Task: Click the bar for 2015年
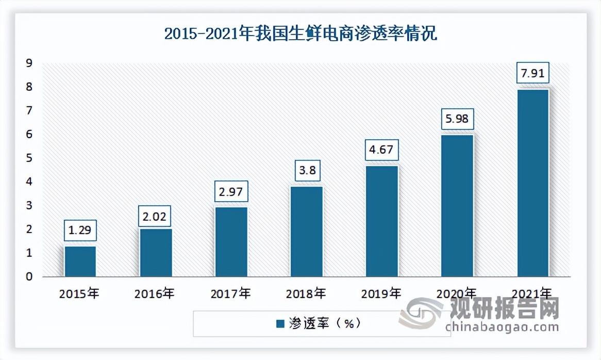(80, 261)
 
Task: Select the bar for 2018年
(306, 231)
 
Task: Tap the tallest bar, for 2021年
(532, 183)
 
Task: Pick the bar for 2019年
(381, 221)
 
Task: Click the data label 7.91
(532, 73)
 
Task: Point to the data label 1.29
(80, 230)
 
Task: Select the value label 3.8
(306, 171)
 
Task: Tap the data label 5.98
(457, 119)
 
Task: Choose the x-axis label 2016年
(155, 294)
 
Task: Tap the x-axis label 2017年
(230, 294)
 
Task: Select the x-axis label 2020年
(457, 294)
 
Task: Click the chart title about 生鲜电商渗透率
(300, 35)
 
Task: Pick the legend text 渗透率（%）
(324, 324)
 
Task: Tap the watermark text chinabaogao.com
(502, 327)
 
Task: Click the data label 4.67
(381, 150)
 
